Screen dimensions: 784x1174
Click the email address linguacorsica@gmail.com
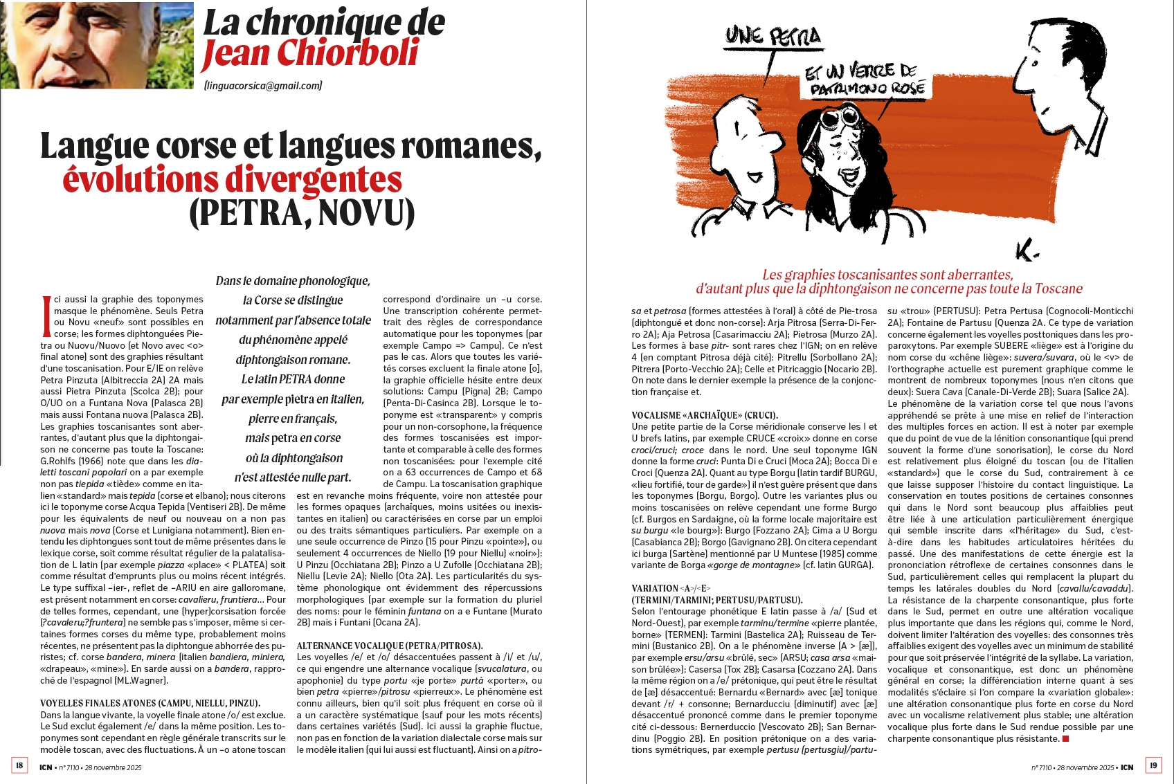[263, 86]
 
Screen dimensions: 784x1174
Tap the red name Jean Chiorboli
[311, 54]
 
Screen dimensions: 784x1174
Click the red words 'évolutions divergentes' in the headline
[232, 179]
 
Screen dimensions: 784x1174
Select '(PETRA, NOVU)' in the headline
[302, 213]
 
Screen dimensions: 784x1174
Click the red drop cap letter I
[46, 316]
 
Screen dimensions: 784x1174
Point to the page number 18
[19, 765]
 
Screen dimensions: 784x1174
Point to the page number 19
[1153, 765]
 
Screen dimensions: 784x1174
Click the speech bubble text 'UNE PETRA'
[773, 36]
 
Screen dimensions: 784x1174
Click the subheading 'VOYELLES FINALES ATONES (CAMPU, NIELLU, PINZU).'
[150, 703]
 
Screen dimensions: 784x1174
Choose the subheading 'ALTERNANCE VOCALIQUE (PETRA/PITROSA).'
[390, 646]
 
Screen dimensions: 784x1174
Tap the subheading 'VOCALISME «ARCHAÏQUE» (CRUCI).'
[705, 415]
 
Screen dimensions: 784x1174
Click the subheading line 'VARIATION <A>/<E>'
[671, 588]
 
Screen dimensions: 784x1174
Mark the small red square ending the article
[1065, 739]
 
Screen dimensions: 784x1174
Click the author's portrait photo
[97, 44]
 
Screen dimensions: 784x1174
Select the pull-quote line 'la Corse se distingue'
[293, 300]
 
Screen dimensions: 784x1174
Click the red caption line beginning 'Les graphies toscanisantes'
[887, 275]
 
